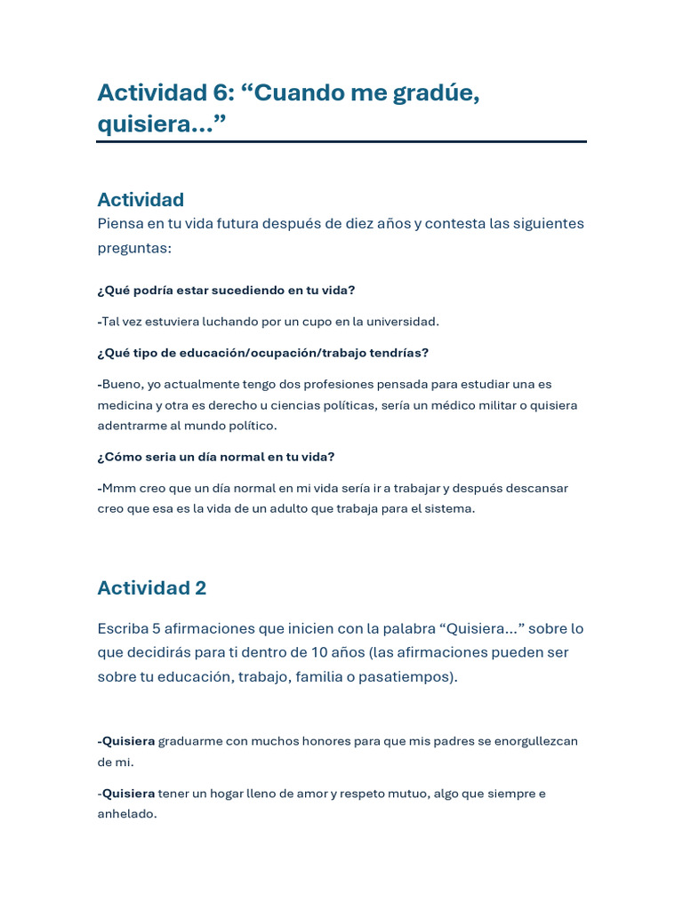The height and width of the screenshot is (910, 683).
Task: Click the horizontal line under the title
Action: pos(341,141)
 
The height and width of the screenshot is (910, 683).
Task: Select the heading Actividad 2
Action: pos(152,587)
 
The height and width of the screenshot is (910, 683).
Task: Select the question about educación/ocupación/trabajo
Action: pos(263,353)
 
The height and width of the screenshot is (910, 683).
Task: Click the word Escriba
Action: pos(123,628)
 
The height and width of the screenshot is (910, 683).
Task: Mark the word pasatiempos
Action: pos(408,676)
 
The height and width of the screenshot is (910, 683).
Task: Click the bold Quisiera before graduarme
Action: pos(128,741)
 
